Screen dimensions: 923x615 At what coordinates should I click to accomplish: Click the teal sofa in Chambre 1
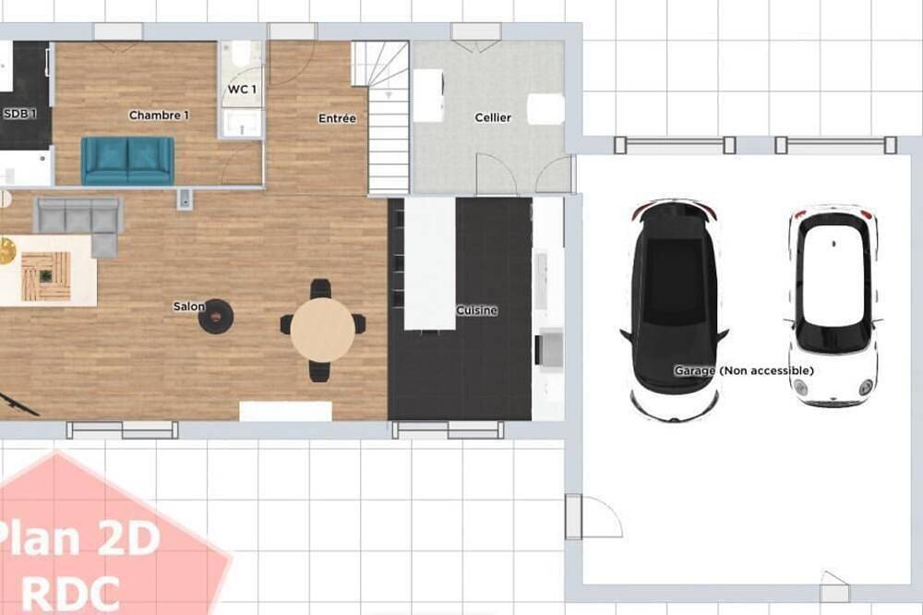tap(127, 161)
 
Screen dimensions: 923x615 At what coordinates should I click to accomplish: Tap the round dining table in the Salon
tap(322, 330)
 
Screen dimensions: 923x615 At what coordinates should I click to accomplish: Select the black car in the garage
tap(675, 310)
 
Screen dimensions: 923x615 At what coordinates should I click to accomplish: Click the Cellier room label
tap(493, 118)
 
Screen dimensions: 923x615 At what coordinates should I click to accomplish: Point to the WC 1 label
tap(242, 90)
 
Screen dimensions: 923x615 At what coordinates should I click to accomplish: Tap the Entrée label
tap(337, 118)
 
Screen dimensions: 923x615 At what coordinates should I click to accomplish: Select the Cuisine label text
tap(477, 310)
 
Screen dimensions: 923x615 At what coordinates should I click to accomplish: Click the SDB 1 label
tap(20, 114)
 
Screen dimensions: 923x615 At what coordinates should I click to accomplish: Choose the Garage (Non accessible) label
tap(744, 370)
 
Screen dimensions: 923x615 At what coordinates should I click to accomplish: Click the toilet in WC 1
tap(241, 54)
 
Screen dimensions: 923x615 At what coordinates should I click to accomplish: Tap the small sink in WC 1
tap(242, 124)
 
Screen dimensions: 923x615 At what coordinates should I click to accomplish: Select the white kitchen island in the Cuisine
tap(430, 263)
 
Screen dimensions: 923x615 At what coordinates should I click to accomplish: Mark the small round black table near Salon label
tap(215, 317)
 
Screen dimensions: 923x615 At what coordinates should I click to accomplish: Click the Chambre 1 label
tap(159, 115)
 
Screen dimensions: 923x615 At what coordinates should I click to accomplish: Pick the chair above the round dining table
tap(321, 289)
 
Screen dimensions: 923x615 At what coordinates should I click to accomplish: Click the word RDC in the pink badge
tap(71, 593)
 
